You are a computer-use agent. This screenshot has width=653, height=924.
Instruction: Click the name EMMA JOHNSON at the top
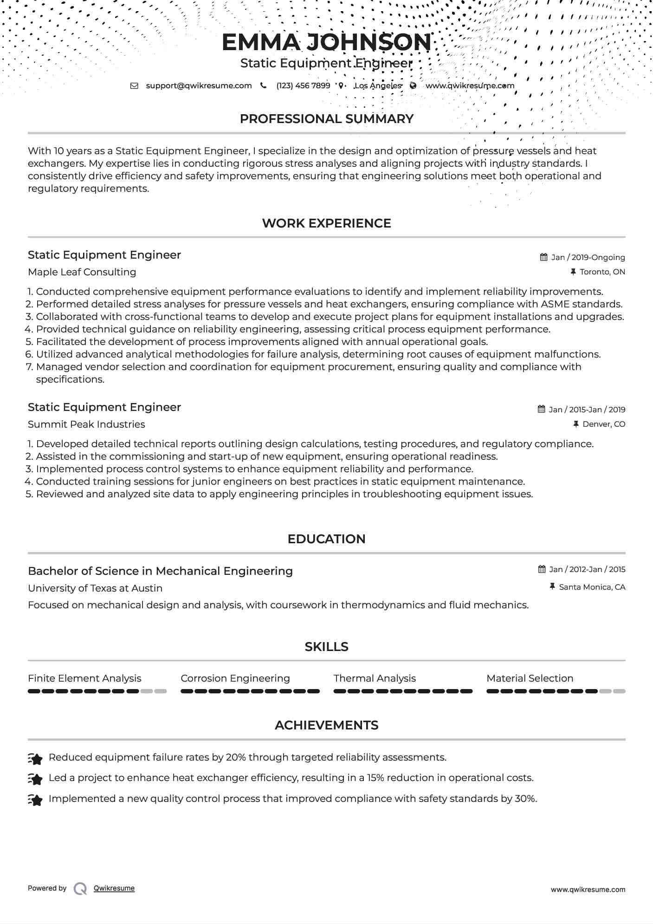coord(326,42)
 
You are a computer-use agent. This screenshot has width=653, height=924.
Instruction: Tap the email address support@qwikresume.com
coord(199,85)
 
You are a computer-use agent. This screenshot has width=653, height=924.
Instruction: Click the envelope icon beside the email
coord(134,85)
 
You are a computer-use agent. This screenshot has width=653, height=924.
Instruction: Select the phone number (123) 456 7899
coord(303,85)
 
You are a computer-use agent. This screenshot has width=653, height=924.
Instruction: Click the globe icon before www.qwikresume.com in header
coord(413,85)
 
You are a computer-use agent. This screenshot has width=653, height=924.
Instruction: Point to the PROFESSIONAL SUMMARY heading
coord(326,119)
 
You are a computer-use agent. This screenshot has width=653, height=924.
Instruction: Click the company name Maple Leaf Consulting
coord(82,272)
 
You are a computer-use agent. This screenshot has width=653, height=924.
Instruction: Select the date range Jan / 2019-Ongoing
coord(588,257)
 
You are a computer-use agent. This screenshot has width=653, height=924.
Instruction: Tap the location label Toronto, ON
coord(602,272)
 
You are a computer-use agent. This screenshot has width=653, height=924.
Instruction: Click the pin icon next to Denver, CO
coord(576,424)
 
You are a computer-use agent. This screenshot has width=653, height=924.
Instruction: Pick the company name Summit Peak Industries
coord(86,424)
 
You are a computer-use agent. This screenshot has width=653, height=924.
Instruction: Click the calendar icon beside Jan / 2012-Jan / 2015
coord(542,569)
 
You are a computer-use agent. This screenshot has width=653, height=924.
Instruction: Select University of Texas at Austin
coord(95,588)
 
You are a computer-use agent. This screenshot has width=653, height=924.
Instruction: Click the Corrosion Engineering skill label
coord(235,678)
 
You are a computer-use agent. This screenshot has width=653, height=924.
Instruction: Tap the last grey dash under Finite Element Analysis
coord(161,691)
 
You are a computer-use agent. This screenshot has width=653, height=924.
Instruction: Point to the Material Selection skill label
coord(530,678)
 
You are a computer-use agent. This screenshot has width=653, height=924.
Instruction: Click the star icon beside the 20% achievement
coord(35,759)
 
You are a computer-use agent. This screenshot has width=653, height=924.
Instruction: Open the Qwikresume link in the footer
coord(114,888)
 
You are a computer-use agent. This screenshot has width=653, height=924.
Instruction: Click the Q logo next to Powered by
coord(80,889)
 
